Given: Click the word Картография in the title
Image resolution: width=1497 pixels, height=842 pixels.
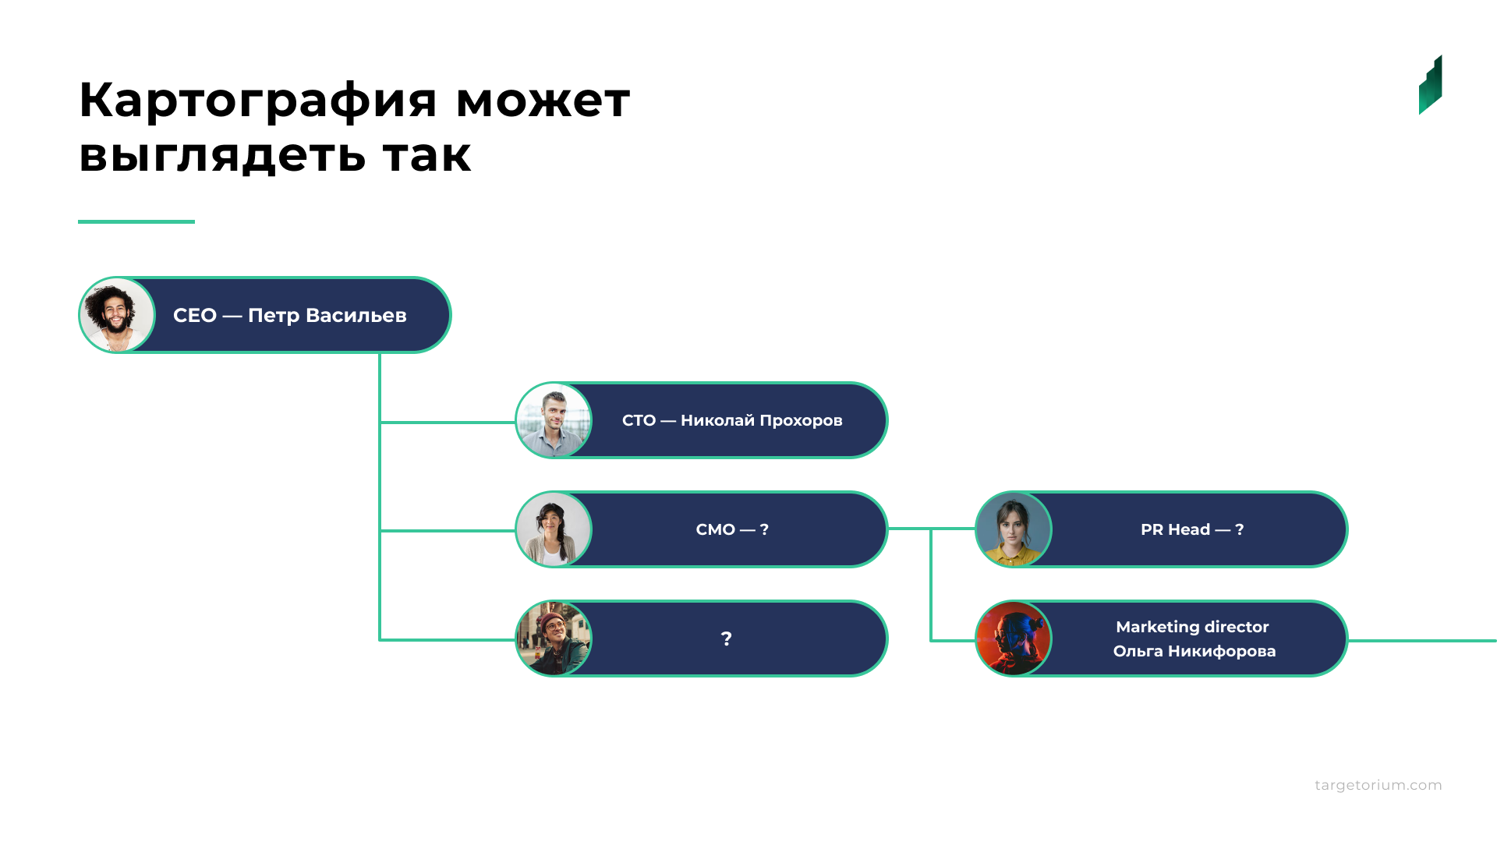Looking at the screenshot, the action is (259, 101).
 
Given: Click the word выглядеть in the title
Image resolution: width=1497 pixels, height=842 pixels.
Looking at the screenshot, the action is (222, 155).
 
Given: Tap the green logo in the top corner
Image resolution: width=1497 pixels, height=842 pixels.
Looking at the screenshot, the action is (1430, 85).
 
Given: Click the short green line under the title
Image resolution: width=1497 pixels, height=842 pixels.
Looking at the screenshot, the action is (136, 221).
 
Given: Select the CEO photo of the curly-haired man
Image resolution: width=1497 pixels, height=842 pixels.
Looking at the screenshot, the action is (117, 315).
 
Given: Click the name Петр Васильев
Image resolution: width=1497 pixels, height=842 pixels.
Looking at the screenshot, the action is (327, 316).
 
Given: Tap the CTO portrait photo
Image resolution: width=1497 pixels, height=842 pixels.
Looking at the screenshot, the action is (554, 420).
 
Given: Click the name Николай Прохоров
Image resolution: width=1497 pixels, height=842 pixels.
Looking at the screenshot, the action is (762, 421).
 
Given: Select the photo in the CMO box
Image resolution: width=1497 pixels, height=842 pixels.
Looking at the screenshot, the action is (554, 529).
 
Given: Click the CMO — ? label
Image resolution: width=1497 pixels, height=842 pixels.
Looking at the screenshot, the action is (732, 529).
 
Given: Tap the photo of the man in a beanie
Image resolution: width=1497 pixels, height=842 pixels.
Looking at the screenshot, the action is (554, 639).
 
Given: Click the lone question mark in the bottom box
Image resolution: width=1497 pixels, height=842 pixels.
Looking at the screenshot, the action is (727, 639).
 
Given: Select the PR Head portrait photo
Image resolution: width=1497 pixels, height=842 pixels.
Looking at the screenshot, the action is (1014, 529).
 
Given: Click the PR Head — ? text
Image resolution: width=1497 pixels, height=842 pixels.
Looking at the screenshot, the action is (1192, 529).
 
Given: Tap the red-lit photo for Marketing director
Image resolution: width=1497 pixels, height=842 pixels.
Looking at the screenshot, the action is (1014, 639).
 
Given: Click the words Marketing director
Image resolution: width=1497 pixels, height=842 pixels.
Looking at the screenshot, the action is (1192, 627).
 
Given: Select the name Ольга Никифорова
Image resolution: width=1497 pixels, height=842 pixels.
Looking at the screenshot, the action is (1194, 651).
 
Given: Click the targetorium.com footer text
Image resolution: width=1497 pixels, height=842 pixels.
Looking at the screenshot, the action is (1378, 785).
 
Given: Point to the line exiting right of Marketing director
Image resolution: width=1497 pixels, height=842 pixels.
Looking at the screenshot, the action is (1422, 641).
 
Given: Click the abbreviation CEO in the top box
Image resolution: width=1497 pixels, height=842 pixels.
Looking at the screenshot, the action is (195, 316).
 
